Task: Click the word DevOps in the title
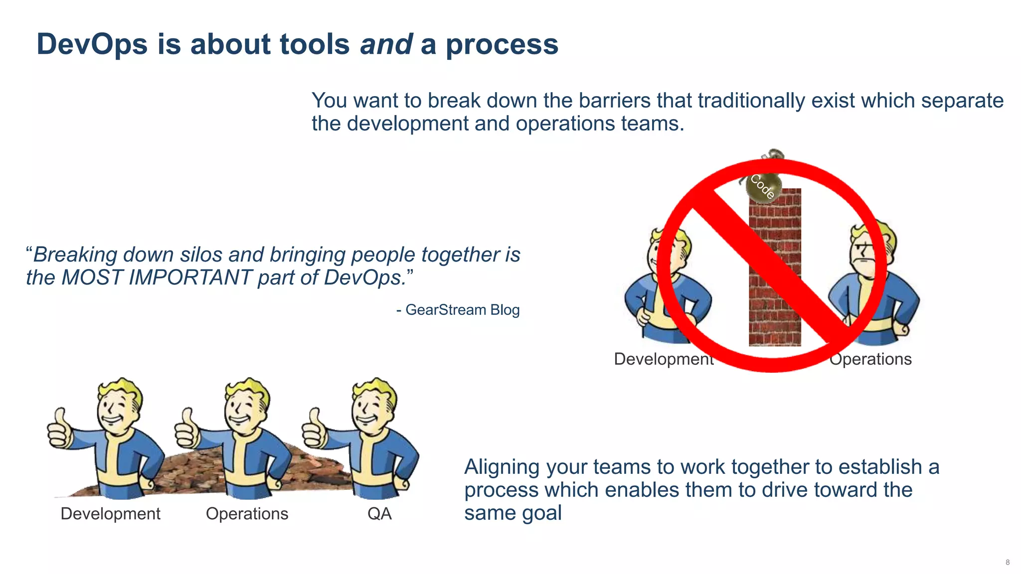point(92,44)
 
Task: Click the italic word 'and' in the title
point(386,44)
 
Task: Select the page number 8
point(1008,562)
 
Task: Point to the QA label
point(379,514)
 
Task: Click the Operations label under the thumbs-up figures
point(247,514)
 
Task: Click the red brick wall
point(775,299)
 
